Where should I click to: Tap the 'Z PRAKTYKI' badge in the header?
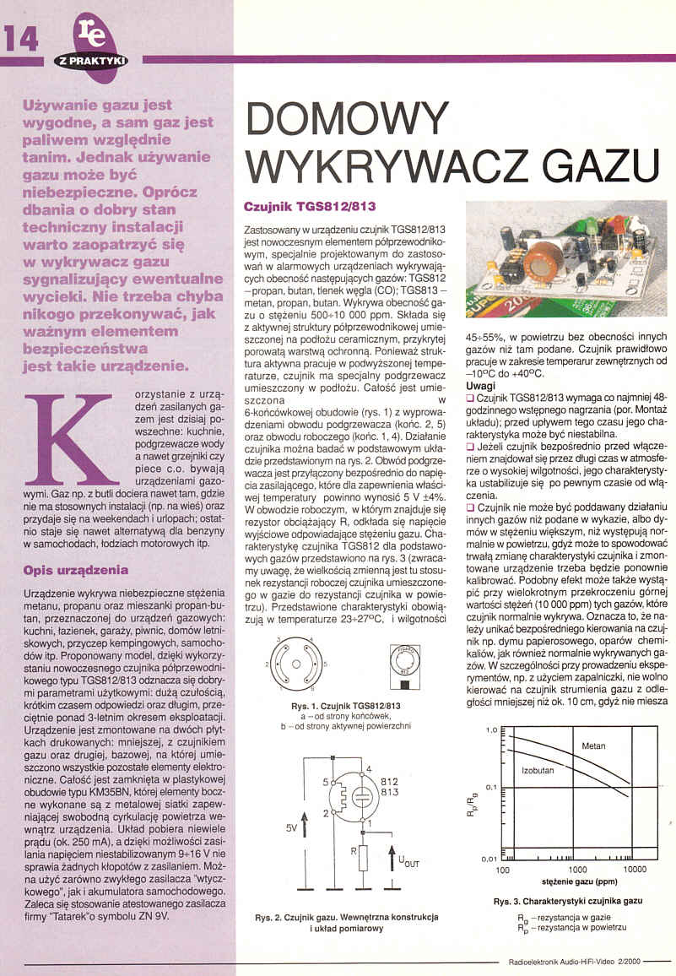pos(91,62)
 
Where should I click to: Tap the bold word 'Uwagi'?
pos(480,385)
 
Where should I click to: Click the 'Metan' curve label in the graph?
pos(594,746)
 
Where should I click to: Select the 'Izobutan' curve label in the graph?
pos(538,772)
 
